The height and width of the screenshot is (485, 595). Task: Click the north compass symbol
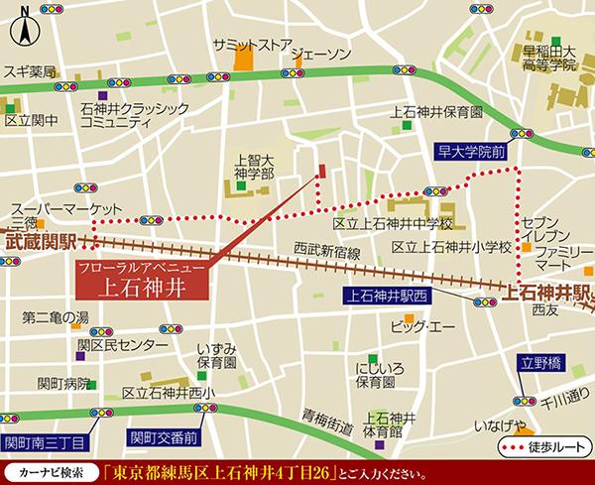point(22,34)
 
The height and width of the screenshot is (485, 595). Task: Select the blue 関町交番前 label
point(162,435)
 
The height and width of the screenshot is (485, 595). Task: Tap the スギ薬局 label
point(29,72)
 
